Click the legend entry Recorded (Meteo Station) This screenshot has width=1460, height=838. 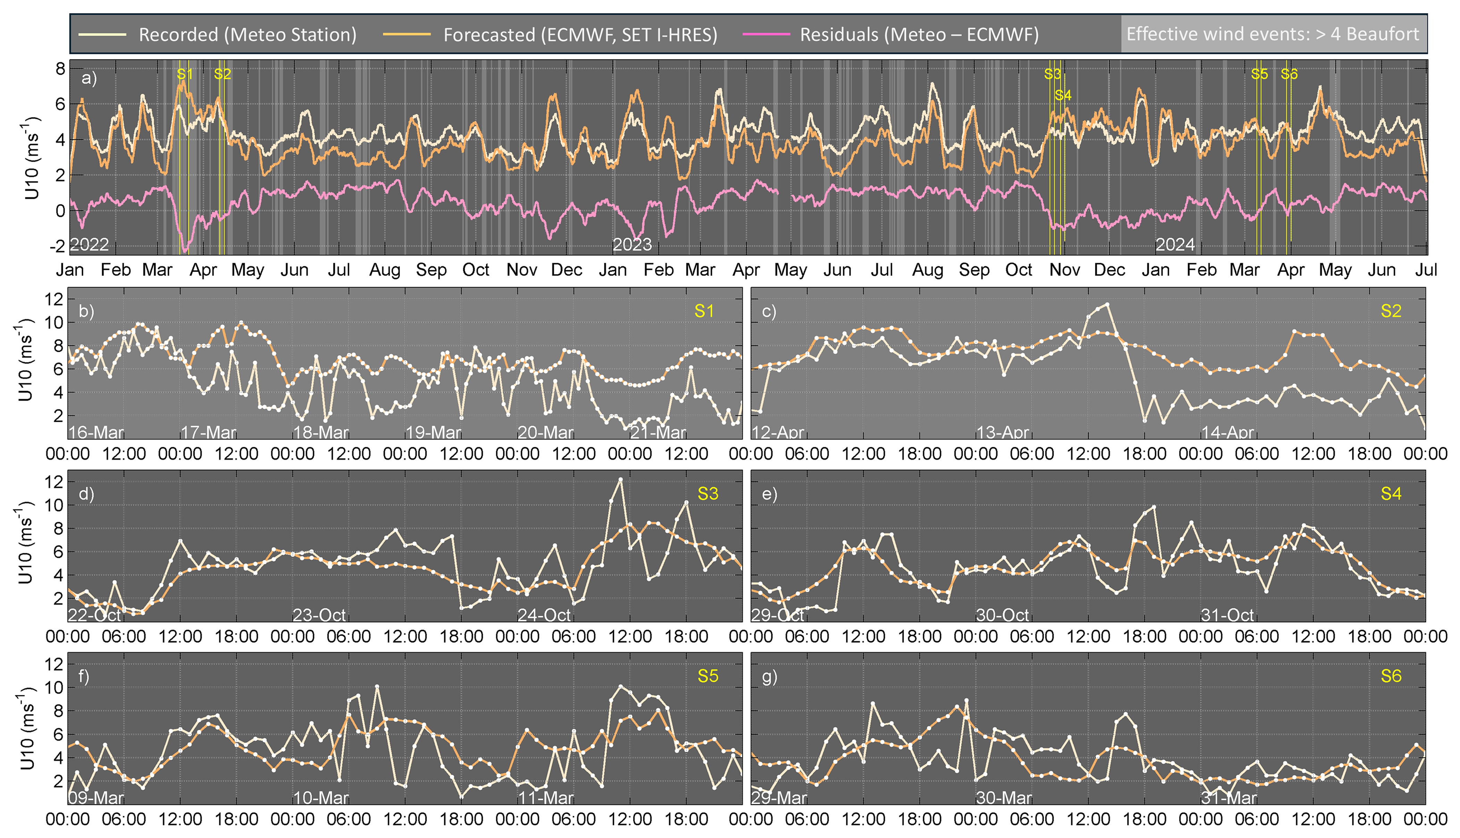(x=248, y=34)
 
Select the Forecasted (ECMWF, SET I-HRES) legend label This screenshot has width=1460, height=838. (x=580, y=34)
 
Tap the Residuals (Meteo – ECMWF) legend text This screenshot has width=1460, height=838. (x=919, y=34)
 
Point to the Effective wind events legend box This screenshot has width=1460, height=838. (x=1272, y=34)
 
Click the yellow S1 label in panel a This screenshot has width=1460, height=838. (x=184, y=74)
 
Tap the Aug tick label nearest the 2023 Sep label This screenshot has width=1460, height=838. (x=927, y=270)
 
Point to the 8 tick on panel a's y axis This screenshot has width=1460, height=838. (x=60, y=69)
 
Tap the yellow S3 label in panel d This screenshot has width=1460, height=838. (x=707, y=494)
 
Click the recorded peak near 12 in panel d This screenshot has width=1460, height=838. (x=620, y=479)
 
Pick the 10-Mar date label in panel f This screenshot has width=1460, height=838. (x=321, y=798)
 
